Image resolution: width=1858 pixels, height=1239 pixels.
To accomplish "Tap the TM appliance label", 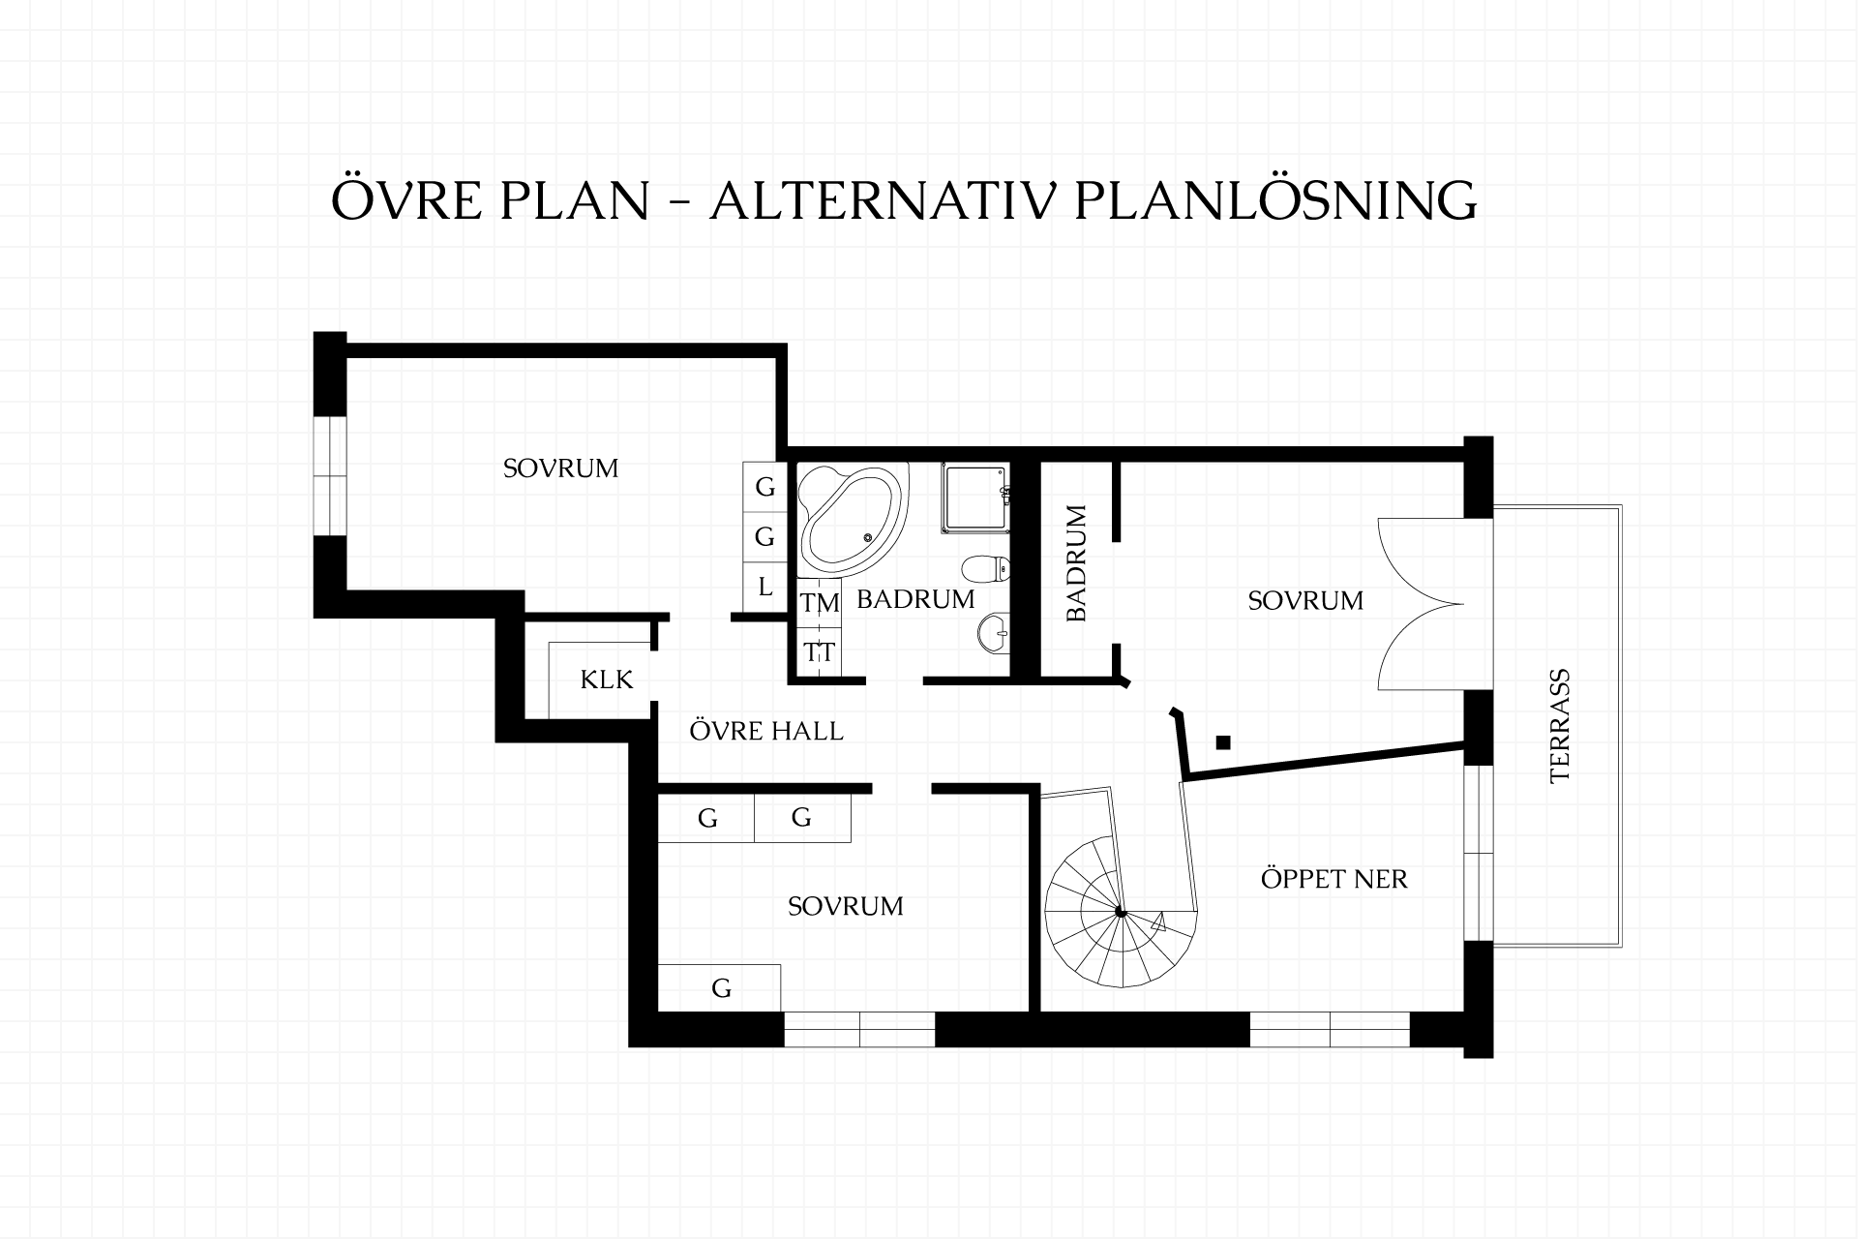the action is point(820,603).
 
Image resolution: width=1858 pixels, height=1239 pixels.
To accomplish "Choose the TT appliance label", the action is point(820,652).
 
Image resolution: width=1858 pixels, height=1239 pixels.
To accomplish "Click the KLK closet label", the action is point(607,680).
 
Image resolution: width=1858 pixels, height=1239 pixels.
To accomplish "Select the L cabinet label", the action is point(765,587).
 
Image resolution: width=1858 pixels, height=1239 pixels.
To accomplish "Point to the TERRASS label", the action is point(1559,726).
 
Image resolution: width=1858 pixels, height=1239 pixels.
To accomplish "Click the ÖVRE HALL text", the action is point(766,730).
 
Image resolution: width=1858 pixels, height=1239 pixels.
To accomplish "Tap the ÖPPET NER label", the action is point(1334,879).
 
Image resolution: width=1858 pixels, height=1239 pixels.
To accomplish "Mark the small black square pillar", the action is point(1223,742).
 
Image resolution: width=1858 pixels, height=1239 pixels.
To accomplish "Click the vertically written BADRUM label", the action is point(1077,563).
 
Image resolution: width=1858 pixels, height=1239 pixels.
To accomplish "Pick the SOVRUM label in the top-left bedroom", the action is point(560,468).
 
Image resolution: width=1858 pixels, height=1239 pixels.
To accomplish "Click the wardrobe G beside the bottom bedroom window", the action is point(720,988).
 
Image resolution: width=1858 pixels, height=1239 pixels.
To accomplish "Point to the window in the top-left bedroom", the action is point(330,475).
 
